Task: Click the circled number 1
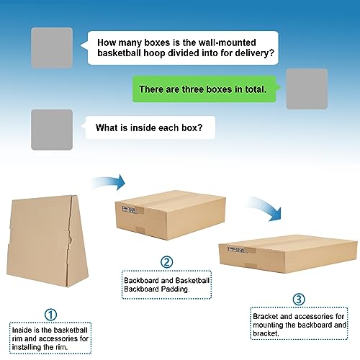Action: [50, 315]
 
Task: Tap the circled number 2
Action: [166, 262]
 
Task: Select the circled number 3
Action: [299, 300]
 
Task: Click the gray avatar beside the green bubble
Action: [307, 89]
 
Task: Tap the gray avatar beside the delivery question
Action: [52, 48]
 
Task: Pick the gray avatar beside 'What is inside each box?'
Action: [52, 130]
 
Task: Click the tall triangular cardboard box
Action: [47, 241]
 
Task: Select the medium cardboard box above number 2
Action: [171, 215]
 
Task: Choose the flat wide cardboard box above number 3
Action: [288, 254]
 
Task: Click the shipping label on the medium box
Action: [130, 210]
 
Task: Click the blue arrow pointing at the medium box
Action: [109, 181]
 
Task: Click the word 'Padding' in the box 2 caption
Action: [175, 289]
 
